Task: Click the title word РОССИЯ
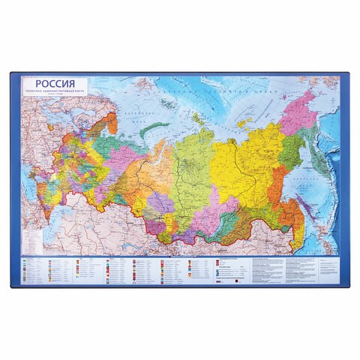[x=52, y=84]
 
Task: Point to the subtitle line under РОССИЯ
[x=52, y=93]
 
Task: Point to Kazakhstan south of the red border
[x=120, y=225]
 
